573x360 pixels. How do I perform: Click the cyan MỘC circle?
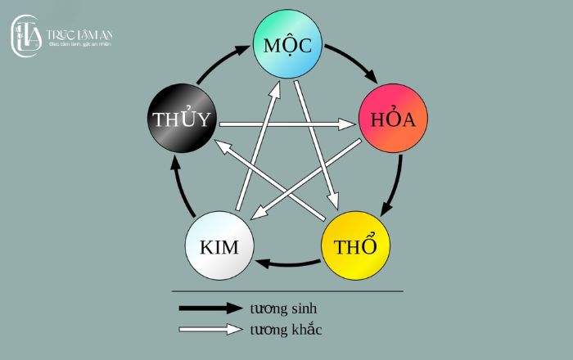point(287,44)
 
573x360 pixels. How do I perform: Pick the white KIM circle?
point(219,246)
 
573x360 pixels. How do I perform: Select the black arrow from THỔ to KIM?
point(286,263)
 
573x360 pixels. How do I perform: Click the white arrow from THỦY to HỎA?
point(286,125)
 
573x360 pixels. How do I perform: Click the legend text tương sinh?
point(282,308)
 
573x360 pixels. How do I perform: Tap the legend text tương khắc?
point(286,330)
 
